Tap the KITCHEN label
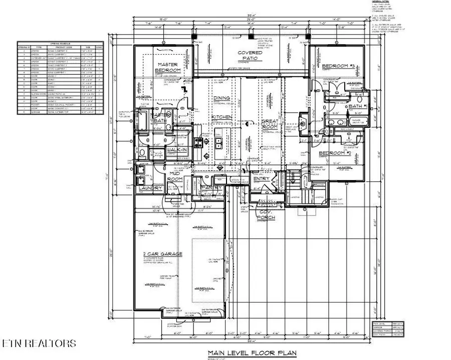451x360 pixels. (x=221, y=117)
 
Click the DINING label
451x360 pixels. (x=221, y=98)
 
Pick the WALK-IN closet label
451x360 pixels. (x=177, y=150)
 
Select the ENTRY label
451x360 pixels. (x=261, y=179)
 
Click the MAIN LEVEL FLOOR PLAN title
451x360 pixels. (x=252, y=353)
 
